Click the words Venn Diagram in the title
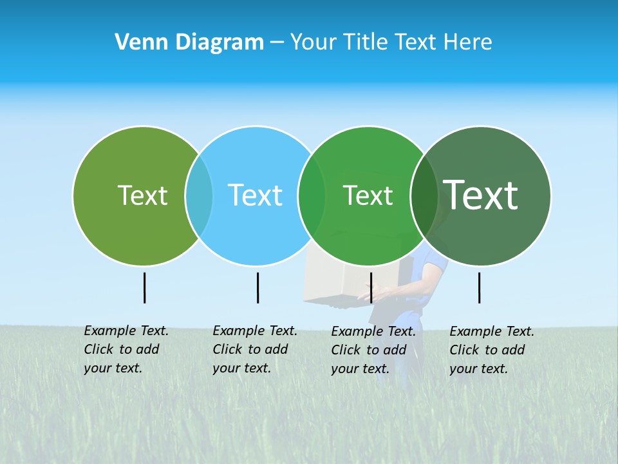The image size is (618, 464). [x=189, y=42]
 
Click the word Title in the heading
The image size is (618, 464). [x=368, y=42]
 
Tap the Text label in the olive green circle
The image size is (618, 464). [x=142, y=195]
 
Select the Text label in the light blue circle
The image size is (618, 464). [x=255, y=195]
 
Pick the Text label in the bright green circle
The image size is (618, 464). [x=368, y=195]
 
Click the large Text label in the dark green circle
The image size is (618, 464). [x=480, y=195]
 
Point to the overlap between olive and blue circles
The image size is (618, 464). [x=199, y=195]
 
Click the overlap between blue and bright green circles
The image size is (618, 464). [x=312, y=195]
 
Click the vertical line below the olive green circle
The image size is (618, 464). [x=144, y=287]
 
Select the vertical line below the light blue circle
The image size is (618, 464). [x=257, y=287]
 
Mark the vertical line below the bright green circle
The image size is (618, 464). [x=371, y=287]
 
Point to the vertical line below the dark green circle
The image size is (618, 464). [x=479, y=287]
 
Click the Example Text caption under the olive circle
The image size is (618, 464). [x=126, y=349]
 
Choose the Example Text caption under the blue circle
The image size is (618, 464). [x=255, y=349]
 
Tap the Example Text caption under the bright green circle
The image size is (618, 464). [x=373, y=350]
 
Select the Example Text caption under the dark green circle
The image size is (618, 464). [x=492, y=350]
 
